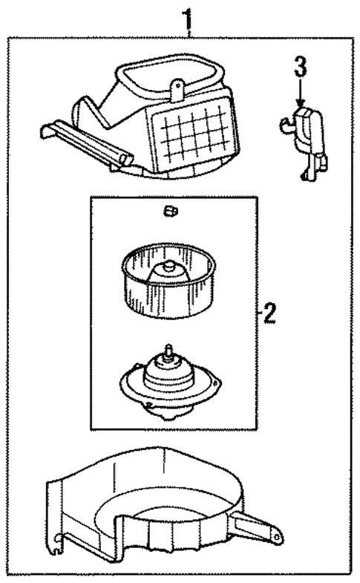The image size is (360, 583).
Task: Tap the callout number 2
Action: click(269, 313)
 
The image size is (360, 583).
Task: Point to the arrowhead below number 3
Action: click(299, 105)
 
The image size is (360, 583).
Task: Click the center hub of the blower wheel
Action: click(170, 270)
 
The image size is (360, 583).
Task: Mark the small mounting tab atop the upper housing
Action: click(177, 88)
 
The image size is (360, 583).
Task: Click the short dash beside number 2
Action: click(258, 313)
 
